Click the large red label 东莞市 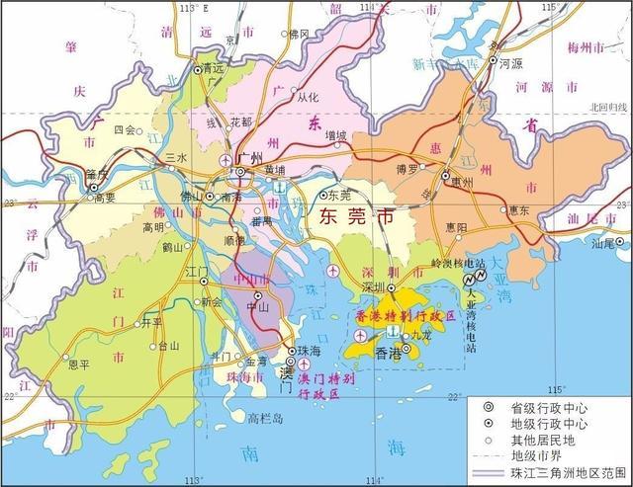(344, 218)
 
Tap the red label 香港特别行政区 (404, 316)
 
